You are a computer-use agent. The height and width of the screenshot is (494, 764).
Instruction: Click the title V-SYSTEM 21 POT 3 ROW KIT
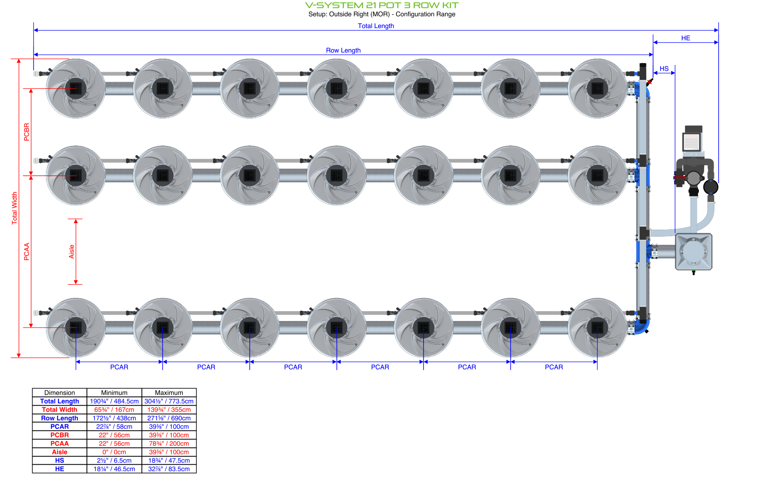[x=381, y=5]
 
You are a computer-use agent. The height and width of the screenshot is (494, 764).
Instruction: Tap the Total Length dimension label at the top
[x=376, y=26]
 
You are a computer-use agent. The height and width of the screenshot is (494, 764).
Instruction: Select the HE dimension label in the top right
[x=685, y=38]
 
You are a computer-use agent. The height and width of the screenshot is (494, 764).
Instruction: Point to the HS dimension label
[x=664, y=68]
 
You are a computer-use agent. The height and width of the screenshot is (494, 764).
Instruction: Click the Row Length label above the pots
[x=343, y=50]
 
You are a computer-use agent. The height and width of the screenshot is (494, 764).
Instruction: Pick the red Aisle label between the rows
[x=72, y=252]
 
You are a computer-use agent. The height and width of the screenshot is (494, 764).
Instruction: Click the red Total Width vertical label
[x=15, y=208]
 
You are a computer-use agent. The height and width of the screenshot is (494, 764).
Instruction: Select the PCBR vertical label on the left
[x=27, y=132]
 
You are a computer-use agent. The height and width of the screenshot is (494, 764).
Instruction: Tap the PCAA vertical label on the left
[x=27, y=252]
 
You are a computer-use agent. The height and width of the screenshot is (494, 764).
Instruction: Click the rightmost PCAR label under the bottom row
[x=554, y=367]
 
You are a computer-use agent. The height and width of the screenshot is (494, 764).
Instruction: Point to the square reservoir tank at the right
[x=693, y=252]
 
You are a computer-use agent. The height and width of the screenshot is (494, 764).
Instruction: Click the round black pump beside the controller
[x=711, y=187]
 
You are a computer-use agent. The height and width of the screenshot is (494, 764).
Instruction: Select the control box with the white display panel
[x=692, y=141]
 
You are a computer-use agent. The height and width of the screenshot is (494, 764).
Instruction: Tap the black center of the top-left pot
[x=76, y=88]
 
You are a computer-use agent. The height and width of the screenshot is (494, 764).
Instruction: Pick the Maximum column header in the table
[x=169, y=393]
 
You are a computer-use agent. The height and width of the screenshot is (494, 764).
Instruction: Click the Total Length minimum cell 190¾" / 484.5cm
[x=114, y=401]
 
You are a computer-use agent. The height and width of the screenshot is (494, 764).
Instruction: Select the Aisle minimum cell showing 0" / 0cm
[x=114, y=452]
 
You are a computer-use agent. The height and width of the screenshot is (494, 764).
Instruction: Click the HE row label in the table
[x=59, y=469]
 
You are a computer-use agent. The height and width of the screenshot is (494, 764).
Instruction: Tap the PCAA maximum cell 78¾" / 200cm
[x=169, y=444]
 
